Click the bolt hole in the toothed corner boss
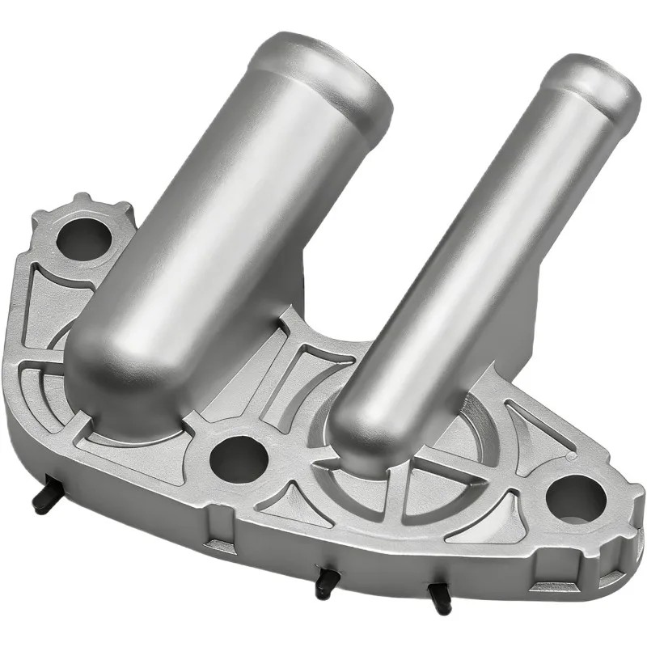pos(84,239)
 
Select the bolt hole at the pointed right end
pos(575,499)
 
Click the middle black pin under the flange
pos(326,582)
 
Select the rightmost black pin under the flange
pos(440,598)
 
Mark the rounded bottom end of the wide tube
pos(113,388)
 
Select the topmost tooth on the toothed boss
pos(81,198)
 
